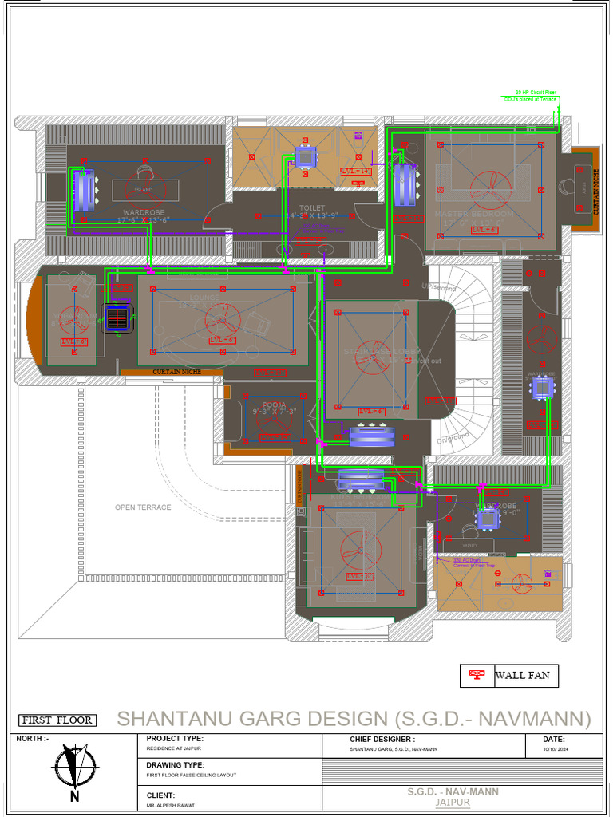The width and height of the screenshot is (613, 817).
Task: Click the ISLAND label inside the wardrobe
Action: pos(143,190)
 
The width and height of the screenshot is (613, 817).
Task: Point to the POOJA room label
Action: pos(274,405)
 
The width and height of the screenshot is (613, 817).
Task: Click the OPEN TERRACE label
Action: pos(143,507)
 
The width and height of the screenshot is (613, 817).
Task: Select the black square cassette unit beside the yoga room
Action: pos(117,318)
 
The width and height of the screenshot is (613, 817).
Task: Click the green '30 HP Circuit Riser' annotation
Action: pos(535,93)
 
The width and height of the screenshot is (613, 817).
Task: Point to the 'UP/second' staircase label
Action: pos(438,286)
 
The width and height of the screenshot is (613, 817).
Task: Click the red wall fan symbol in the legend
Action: pos(477,676)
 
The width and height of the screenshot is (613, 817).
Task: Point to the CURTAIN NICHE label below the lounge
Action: pos(172,373)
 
